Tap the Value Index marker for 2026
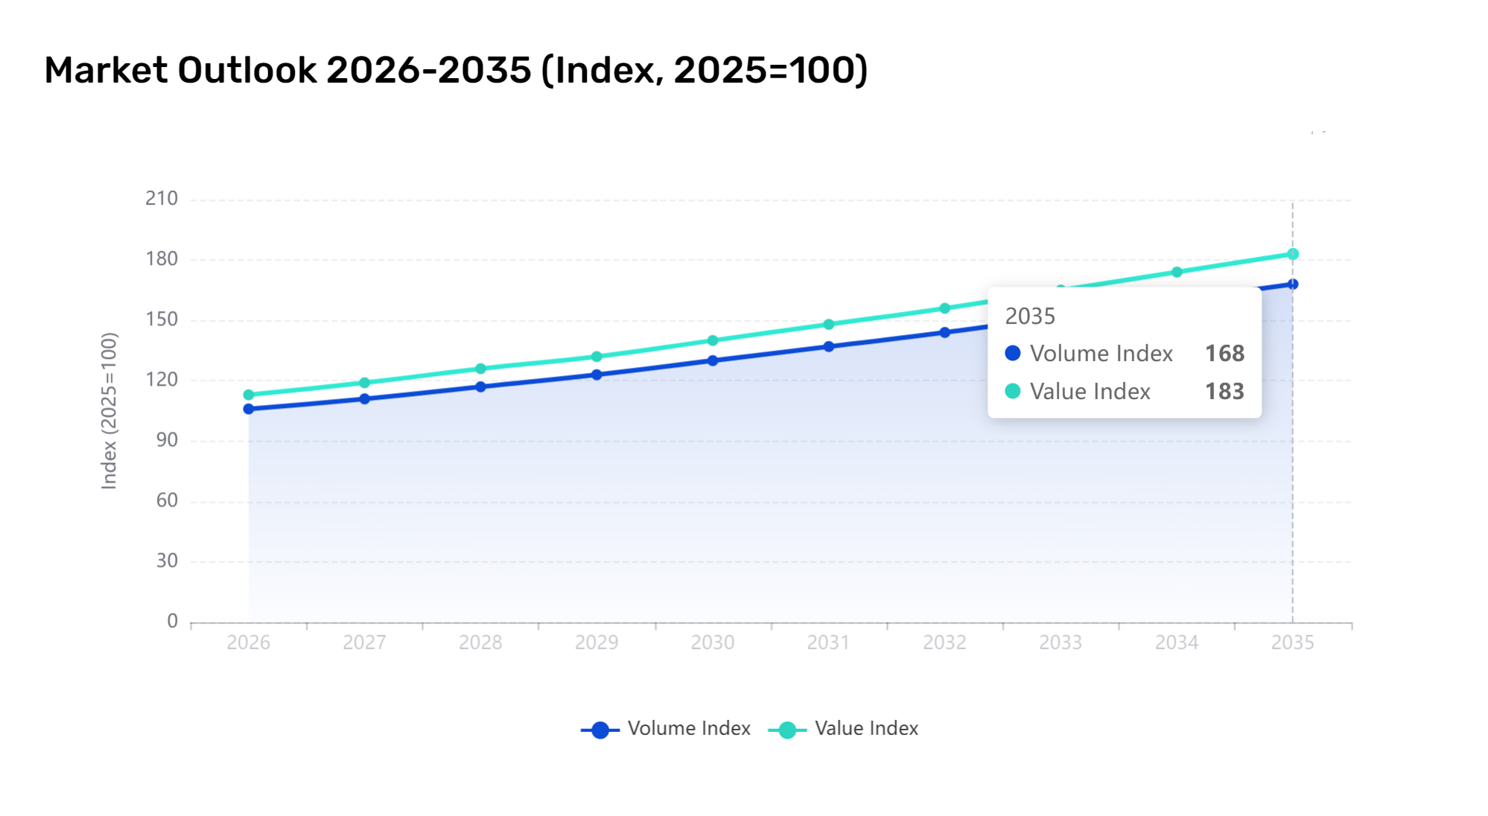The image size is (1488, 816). tap(249, 395)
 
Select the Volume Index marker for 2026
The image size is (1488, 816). tap(249, 409)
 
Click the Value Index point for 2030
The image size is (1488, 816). tap(713, 340)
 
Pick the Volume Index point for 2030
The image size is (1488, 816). tap(713, 360)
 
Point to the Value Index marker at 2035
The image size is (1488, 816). tap(1293, 254)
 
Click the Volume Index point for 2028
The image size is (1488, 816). tap(480, 386)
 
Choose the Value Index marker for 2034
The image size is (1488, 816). tap(1177, 272)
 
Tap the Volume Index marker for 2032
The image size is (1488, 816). tap(944, 332)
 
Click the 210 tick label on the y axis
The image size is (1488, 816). tap(162, 199)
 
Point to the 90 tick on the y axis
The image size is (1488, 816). tap(167, 440)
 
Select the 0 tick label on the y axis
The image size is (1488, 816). tap(173, 621)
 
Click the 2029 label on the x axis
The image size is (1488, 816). tap(597, 643)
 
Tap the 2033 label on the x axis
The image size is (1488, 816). tap(1061, 643)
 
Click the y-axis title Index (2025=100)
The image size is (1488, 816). tap(109, 411)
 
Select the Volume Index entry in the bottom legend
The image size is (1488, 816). tap(666, 729)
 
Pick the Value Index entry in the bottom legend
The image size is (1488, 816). tap(843, 729)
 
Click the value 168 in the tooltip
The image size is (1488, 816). tap(1224, 354)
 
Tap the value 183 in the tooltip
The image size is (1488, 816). tap(1224, 392)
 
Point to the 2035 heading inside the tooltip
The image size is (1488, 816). tap(1030, 316)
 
